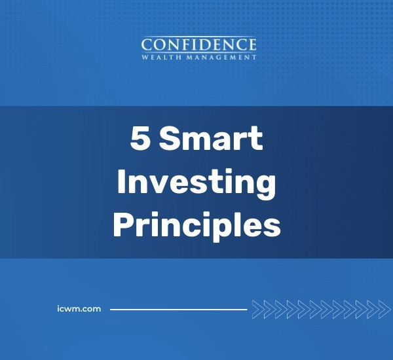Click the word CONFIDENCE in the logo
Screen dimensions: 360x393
click(x=199, y=45)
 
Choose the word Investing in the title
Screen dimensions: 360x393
click(x=196, y=184)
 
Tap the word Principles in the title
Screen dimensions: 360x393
click(x=196, y=226)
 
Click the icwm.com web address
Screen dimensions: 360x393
click(x=79, y=308)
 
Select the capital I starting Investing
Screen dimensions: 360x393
click(x=122, y=183)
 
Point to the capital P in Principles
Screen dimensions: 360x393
click(x=124, y=226)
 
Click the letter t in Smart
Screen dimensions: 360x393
click(x=256, y=140)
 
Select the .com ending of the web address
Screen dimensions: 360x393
click(x=91, y=308)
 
